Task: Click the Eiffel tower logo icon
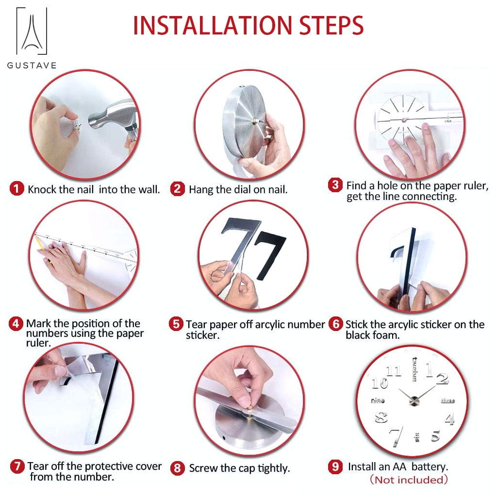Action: coord(32,31)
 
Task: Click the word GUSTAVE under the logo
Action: coord(32,66)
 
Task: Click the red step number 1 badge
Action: coord(17,189)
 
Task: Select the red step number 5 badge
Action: coord(176,324)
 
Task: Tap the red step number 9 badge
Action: coord(335,466)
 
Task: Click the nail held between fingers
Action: coord(77,126)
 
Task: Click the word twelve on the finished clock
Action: coord(414,369)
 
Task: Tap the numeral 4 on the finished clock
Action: coord(450,418)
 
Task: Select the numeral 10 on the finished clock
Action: coord(380,383)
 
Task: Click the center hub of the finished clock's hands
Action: coord(414,401)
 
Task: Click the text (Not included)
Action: coord(409,480)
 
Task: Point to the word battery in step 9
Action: coord(430,467)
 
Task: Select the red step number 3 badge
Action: coord(335,185)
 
